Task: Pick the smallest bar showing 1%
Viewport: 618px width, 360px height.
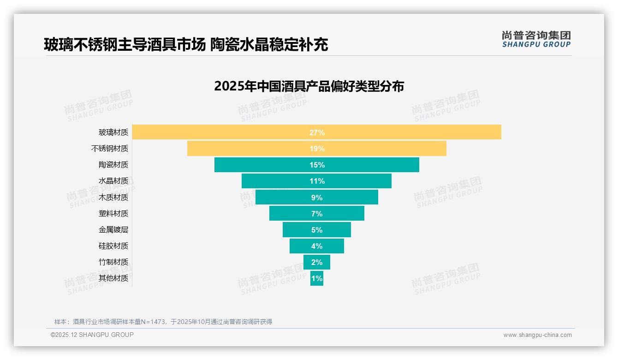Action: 316,278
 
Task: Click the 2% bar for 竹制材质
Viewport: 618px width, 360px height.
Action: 316,262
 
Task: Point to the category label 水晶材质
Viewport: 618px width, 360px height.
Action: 113,181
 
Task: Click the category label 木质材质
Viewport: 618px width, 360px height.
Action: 113,197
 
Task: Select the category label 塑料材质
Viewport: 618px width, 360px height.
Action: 113,214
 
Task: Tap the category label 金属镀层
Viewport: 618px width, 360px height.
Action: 113,230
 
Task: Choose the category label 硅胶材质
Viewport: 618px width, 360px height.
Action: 113,246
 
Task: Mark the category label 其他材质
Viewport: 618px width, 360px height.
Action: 113,278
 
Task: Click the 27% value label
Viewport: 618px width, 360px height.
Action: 317,132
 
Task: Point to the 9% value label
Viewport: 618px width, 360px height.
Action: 317,198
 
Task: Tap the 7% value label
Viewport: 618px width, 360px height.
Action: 317,214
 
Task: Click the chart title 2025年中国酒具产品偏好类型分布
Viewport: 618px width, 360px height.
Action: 309,86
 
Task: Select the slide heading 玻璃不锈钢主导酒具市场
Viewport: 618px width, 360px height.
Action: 125,45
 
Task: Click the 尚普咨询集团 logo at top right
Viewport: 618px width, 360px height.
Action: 536,39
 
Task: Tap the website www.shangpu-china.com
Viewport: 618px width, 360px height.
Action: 537,335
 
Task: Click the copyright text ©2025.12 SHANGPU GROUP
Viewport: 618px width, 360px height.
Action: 92,335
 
